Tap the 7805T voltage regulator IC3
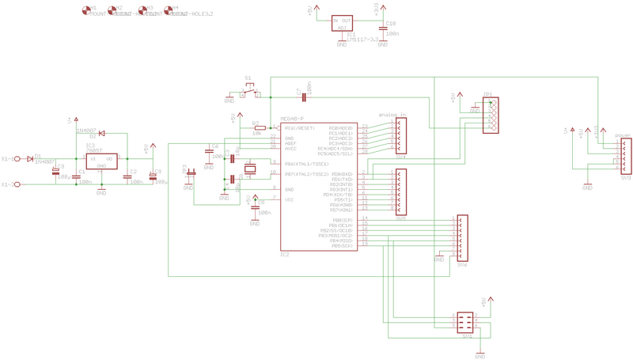(101, 161)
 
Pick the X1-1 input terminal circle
(17, 158)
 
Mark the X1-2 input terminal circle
(17, 184)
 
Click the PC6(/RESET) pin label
(300, 127)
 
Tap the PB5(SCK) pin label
(347, 245)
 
